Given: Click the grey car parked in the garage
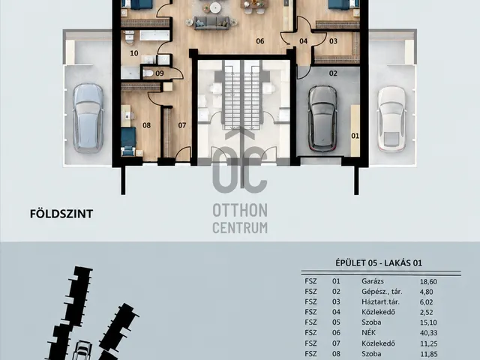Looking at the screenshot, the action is pos(322,118).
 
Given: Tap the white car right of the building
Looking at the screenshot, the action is pos(391,118).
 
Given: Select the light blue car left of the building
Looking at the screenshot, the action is pos(88,118).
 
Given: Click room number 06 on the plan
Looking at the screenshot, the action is pos(260,41).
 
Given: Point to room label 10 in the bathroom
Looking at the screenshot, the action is pos(134,53).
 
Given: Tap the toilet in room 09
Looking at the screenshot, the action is pos(148,73).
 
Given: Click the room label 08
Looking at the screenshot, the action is pos(147,125).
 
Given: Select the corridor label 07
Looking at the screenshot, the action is pos(182,125).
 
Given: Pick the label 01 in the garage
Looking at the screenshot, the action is pos(355,136).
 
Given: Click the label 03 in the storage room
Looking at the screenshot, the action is pos(333,41).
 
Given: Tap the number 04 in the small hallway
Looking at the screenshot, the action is pos(303,41).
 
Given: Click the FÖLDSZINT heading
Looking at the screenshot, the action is pos(61,214).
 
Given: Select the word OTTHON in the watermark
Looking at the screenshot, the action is pos(240,211).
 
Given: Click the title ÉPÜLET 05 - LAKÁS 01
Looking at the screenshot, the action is pos(379,263).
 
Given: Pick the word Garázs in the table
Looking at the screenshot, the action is pos(373,281).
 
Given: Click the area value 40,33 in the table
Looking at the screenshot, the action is pos(428,333).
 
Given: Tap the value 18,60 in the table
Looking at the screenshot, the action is pos(428,282).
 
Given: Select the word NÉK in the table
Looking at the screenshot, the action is pos(368,332).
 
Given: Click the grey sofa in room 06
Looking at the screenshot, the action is pos(211,23).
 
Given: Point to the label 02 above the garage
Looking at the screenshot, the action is pos(333,73).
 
